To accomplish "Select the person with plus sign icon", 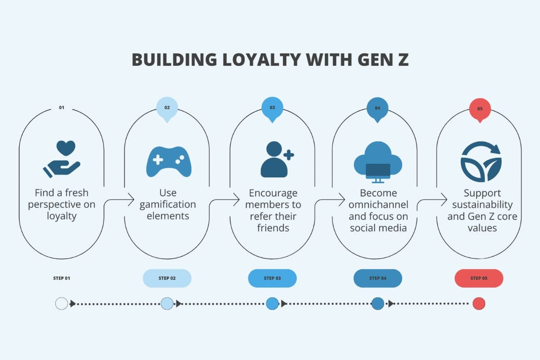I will (x=275, y=160).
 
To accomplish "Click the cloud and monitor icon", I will (x=378, y=162).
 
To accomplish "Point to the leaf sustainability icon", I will (x=481, y=162).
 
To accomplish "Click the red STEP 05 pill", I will (x=479, y=278).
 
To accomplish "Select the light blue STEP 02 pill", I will (x=167, y=278).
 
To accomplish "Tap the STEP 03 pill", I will (x=272, y=278).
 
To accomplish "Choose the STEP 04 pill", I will (x=378, y=278).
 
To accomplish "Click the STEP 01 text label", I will (x=62, y=278).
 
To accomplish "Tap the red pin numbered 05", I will (x=480, y=109).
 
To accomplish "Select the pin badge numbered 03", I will (x=272, y=109).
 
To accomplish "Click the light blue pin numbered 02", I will (x=167, y=109).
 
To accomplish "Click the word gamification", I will (x=168, y=205).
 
